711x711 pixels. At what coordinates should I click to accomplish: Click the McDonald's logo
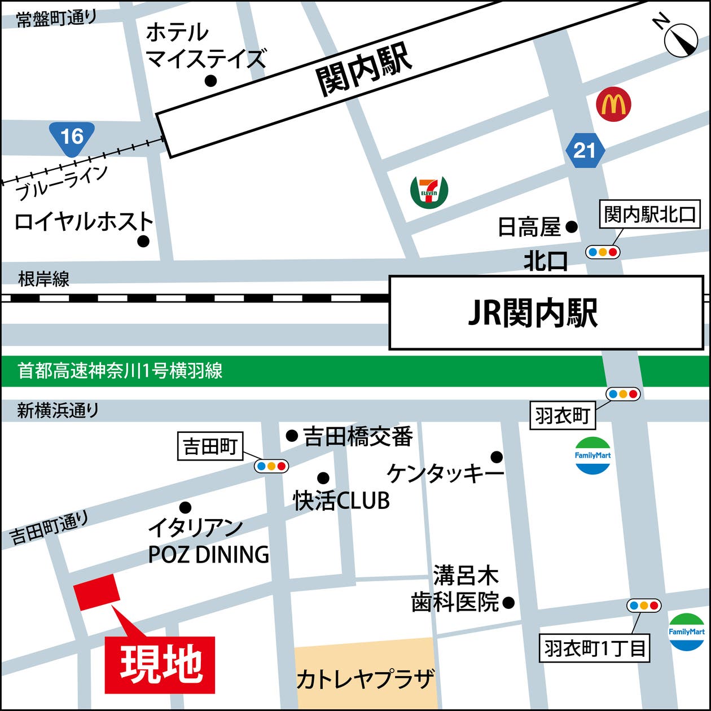613,104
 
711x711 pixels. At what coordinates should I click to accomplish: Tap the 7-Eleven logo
429,191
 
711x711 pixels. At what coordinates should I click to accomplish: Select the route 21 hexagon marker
585,151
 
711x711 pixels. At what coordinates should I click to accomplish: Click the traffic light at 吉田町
271,466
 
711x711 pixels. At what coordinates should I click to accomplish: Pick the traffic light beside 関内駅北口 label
602,252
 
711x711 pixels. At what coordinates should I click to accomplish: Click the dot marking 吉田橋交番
292,436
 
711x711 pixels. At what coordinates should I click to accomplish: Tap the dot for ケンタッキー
497,457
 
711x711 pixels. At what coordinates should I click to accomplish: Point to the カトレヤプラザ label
366,678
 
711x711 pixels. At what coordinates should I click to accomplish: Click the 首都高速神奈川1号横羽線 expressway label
120,371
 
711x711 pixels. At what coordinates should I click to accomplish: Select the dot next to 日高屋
572,227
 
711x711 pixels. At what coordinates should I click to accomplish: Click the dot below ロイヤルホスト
143,242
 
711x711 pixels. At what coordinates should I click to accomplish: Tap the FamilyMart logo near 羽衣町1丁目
686,632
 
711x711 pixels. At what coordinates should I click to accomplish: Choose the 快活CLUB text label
341,501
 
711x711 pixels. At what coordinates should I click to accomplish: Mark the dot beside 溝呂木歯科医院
508,603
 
